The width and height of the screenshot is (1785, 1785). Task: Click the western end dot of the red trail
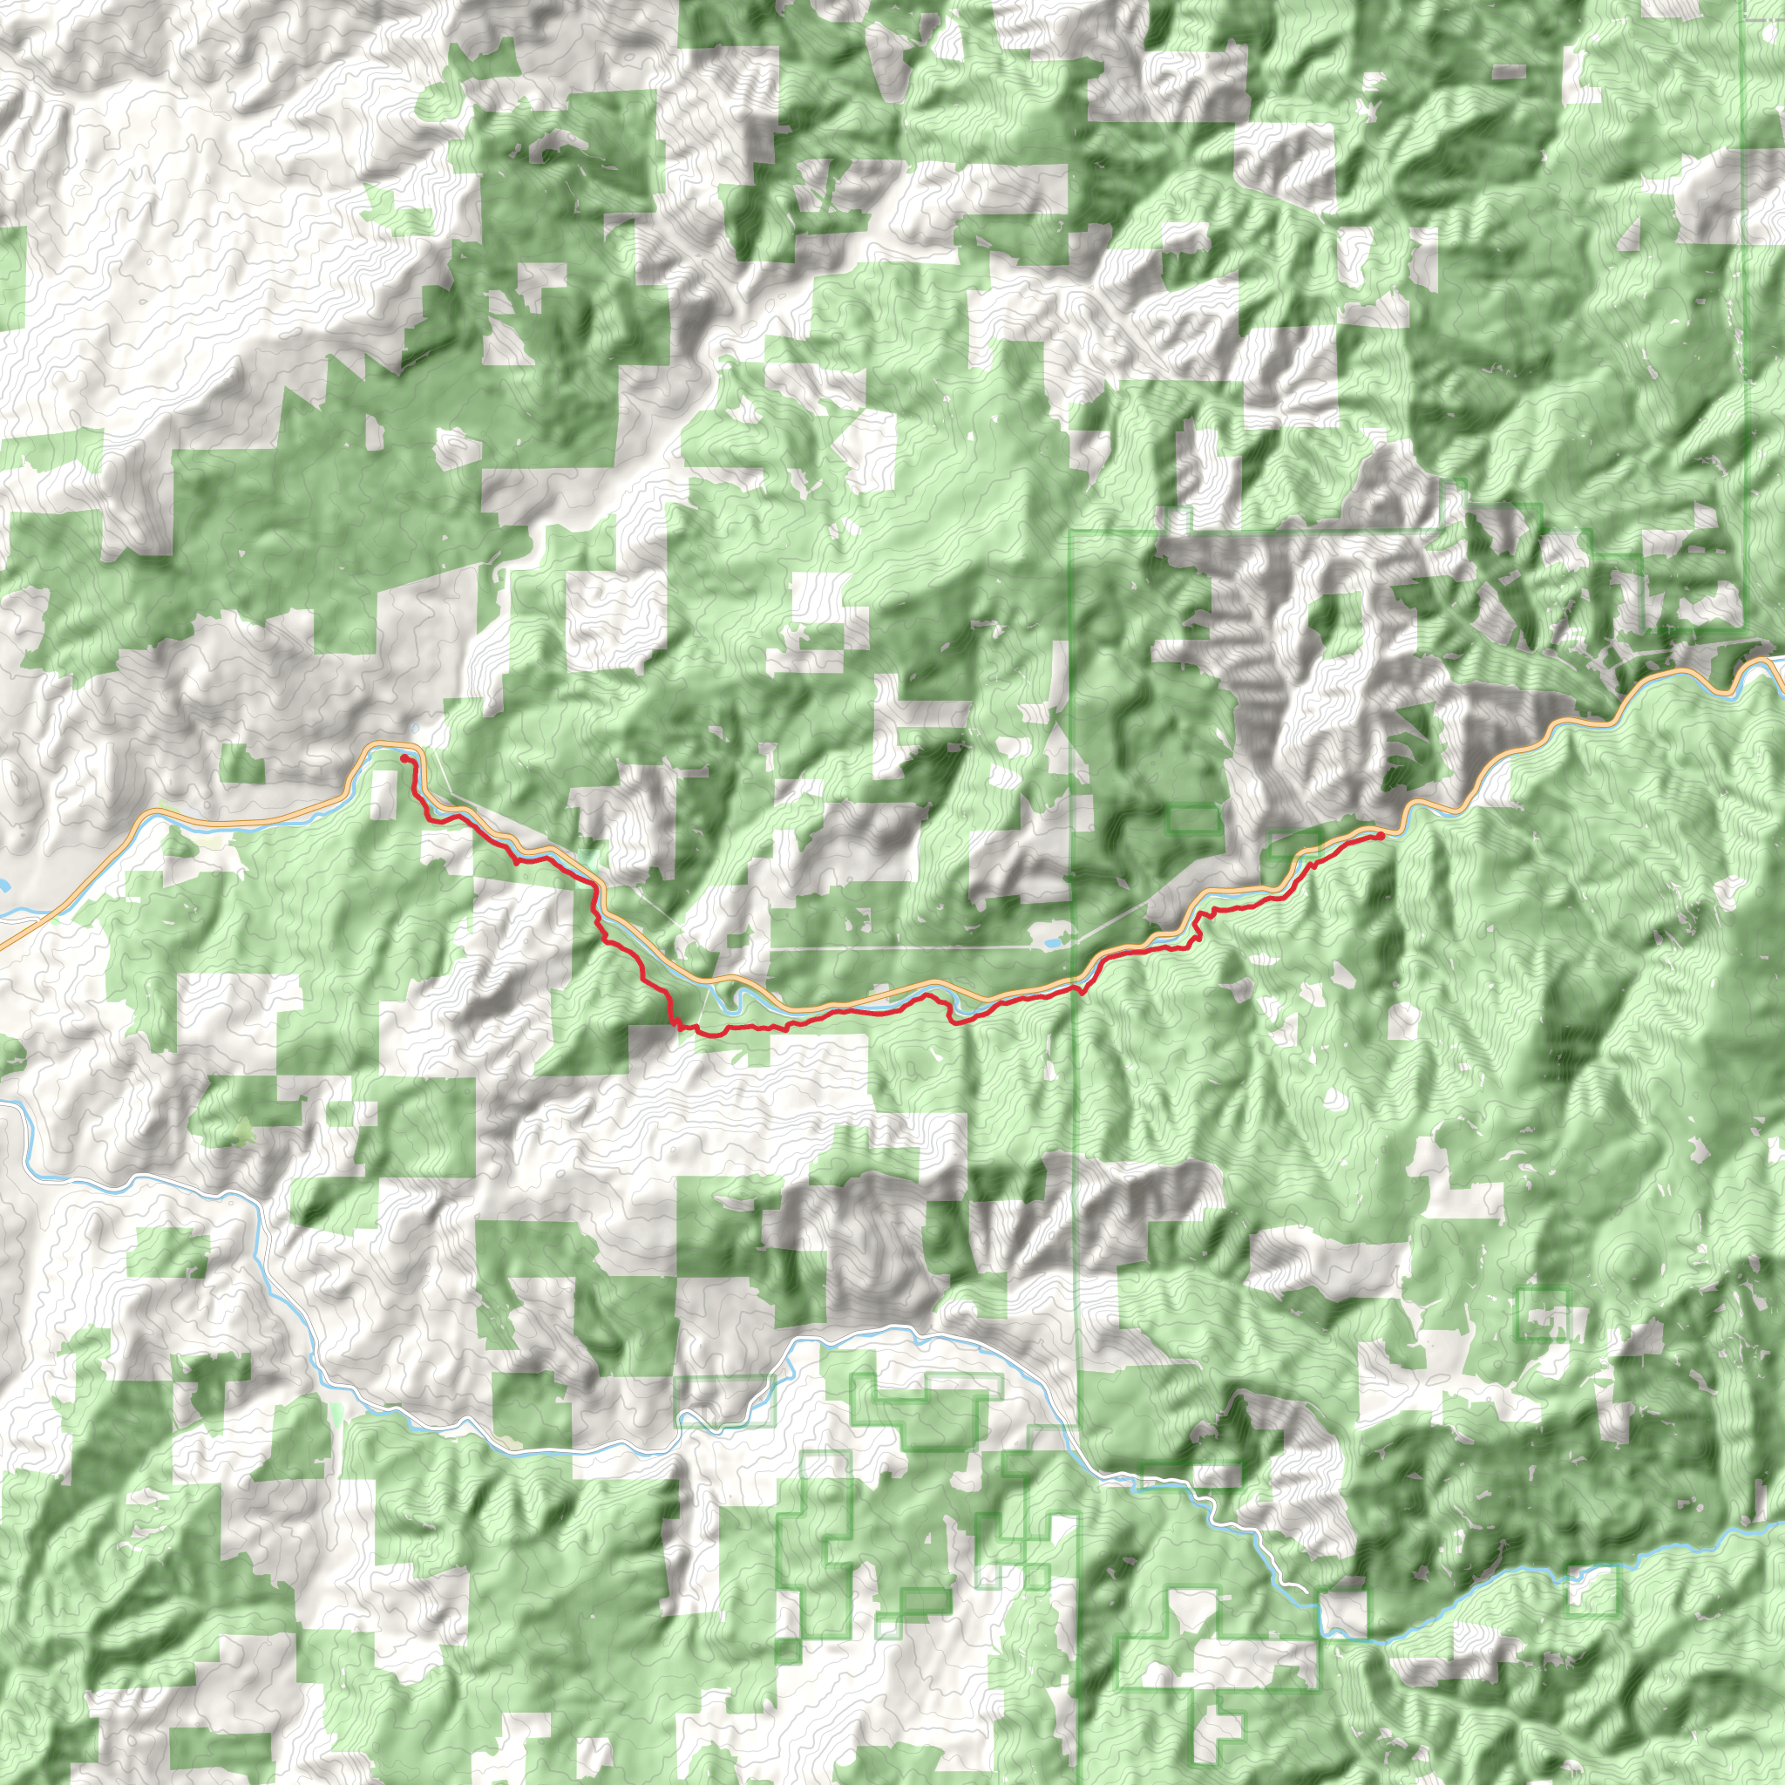403,757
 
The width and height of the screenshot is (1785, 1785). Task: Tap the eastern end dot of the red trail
1381,835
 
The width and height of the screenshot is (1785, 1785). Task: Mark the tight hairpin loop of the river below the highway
744,998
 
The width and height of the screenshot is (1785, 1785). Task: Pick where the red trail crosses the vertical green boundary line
1077,989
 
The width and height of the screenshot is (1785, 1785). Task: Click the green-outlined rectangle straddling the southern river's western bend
724,1402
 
